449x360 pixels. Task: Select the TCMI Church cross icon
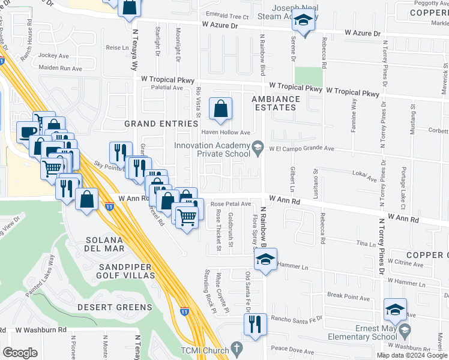[238, 348]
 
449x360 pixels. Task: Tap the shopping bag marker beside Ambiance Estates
[221, 109]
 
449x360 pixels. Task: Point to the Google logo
[20, 352]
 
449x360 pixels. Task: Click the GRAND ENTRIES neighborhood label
[161, 124]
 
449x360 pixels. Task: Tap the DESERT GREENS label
[115, 307]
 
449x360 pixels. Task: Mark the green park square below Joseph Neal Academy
[309, 76]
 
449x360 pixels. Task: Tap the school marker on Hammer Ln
[264, 259]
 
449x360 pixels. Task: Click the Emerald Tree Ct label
[227, 17]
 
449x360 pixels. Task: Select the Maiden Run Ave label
[60, 68]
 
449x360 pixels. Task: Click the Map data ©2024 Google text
[412, 355]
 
